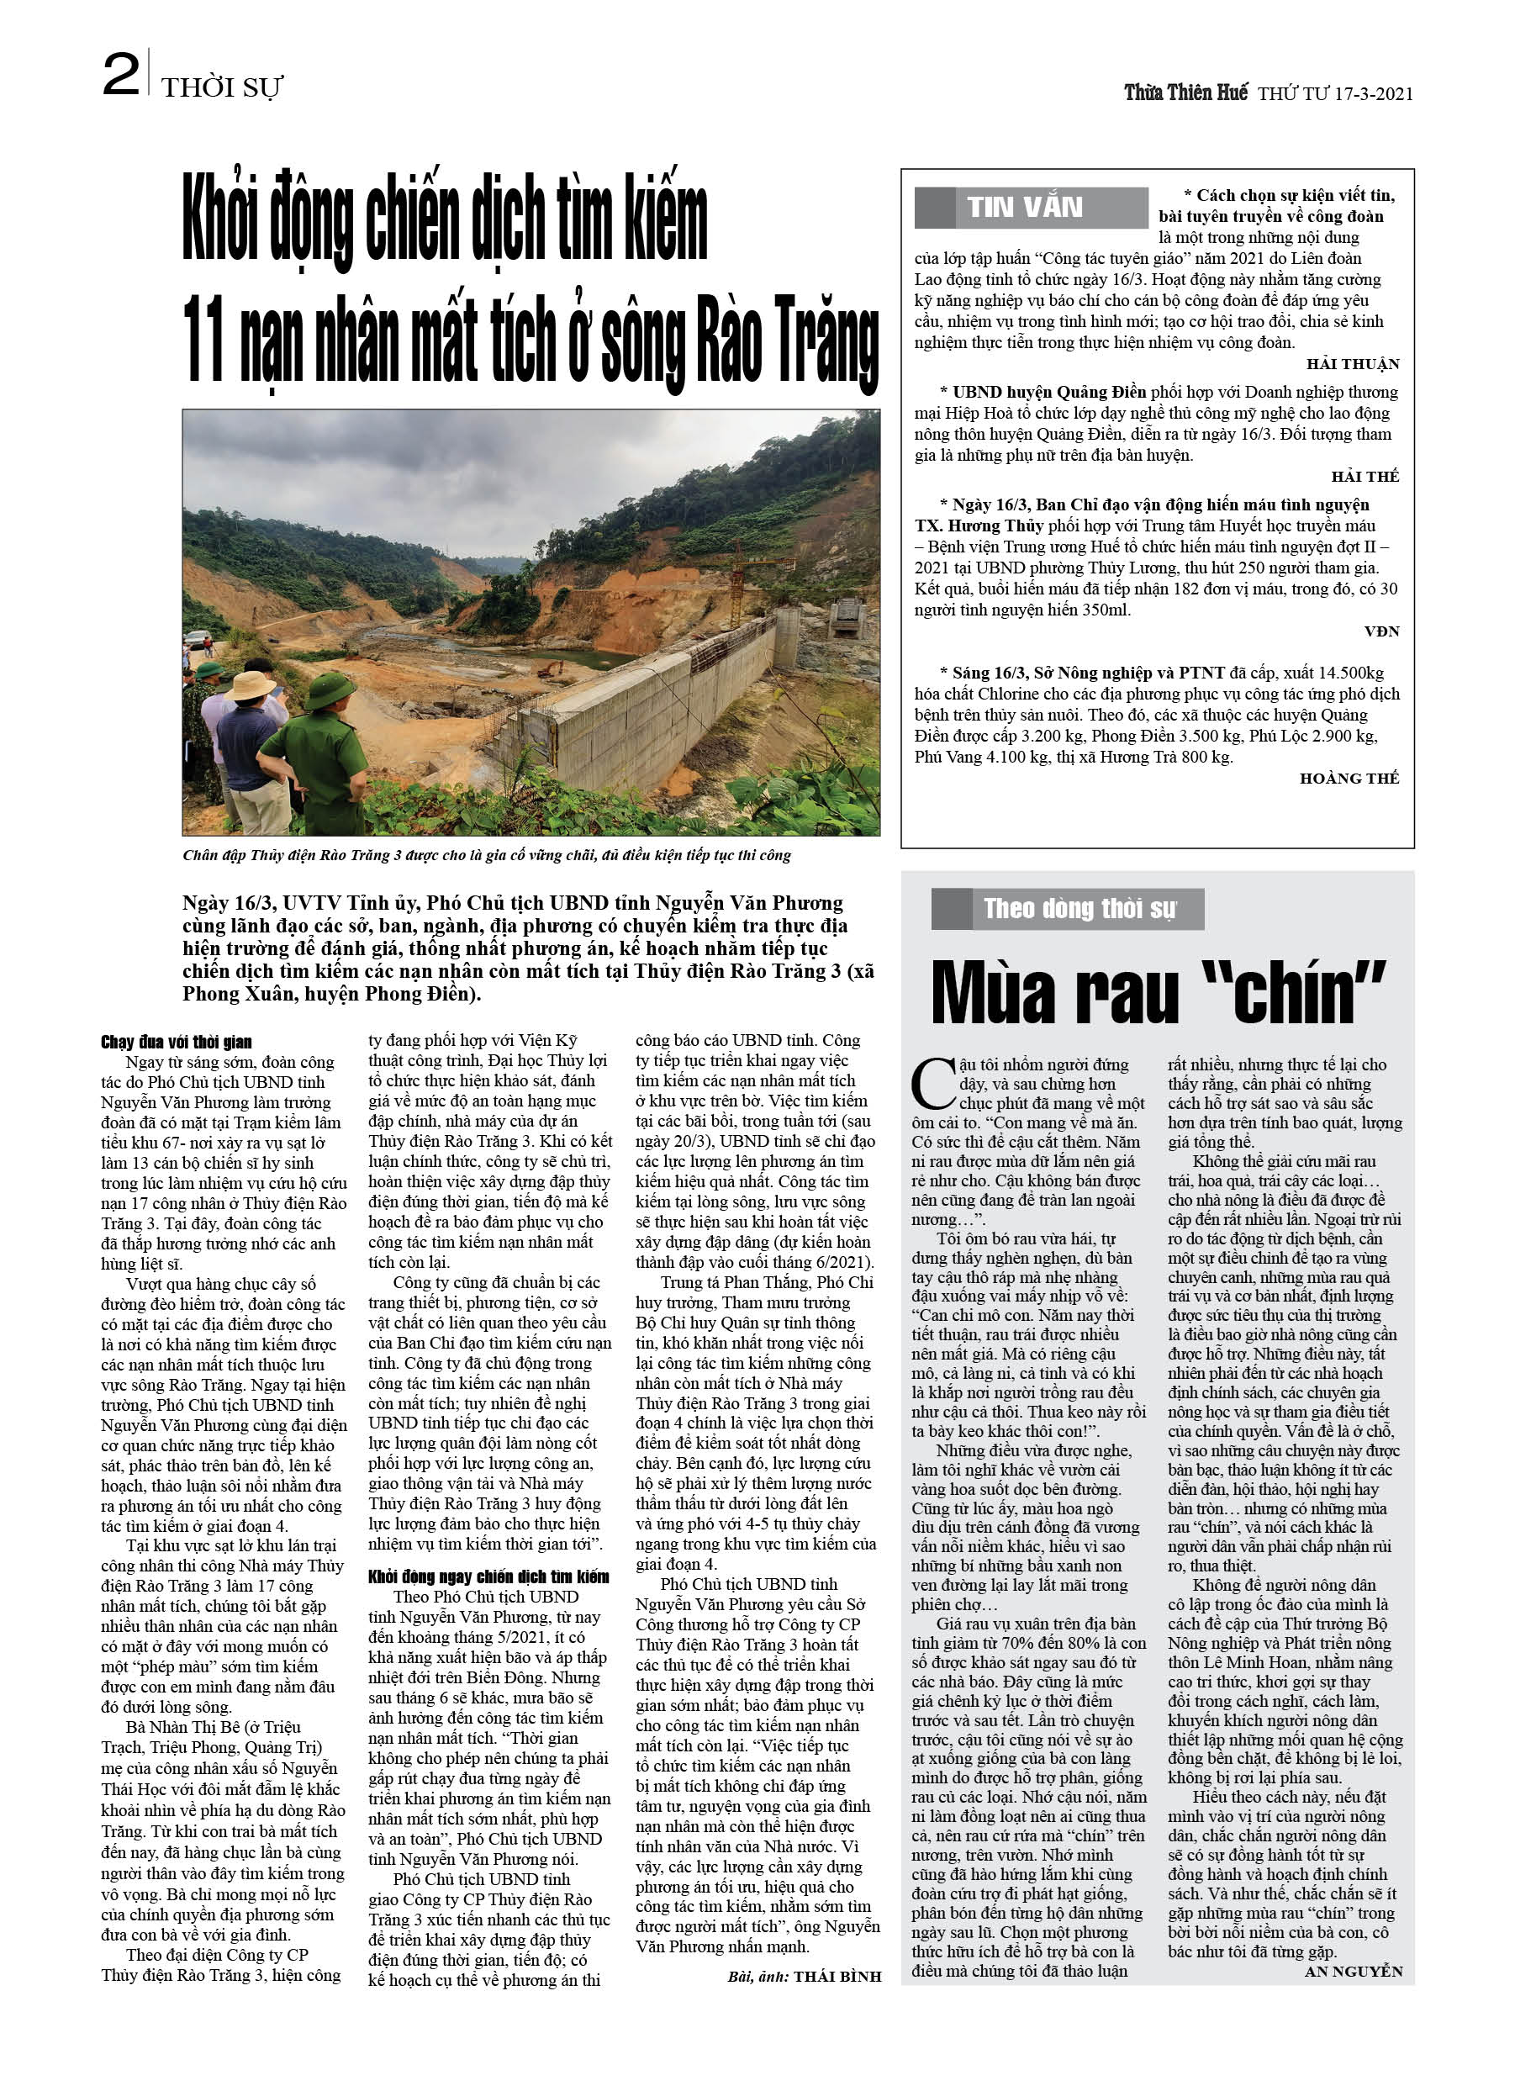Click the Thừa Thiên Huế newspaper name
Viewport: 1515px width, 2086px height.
(1185, 92)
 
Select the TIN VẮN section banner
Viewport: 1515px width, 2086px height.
(1030, 208)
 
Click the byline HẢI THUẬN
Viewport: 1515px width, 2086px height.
(1352, 364)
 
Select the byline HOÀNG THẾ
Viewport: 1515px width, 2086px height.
(1349, 778)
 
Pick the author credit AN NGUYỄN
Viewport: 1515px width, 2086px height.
(1353, 1971)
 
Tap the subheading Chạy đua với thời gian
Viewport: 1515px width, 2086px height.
(176, 1041)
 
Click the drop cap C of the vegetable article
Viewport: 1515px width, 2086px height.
(932, 1085)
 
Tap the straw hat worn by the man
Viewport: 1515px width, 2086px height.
(251, 684)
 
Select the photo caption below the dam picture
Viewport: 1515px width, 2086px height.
(486, 855)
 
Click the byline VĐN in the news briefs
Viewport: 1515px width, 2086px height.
(1380, 631)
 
